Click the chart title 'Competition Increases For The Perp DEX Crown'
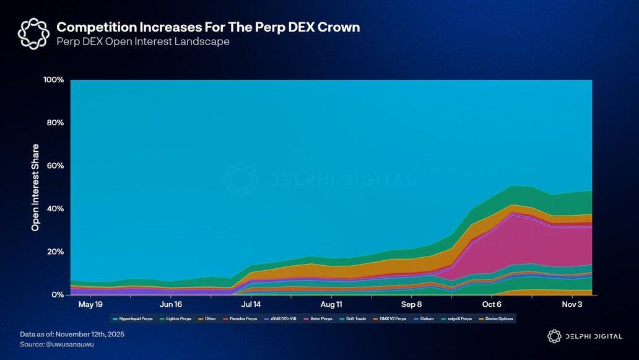(208, 27)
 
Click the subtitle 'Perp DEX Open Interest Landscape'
(143, 42)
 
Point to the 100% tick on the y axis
(54, 80)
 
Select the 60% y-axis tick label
(55, 166)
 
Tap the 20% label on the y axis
(55, 252)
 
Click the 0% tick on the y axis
(58, 295)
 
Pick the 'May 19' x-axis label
(90, 305)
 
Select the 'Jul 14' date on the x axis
(251, 305)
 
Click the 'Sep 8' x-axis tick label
(411, 305)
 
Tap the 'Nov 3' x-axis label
(572, 305)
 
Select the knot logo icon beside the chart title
(33, 33)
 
